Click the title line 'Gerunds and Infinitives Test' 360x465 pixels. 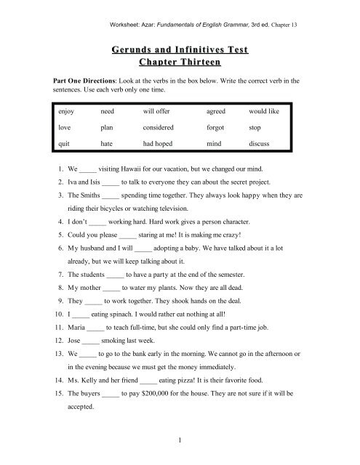[180, 49]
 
